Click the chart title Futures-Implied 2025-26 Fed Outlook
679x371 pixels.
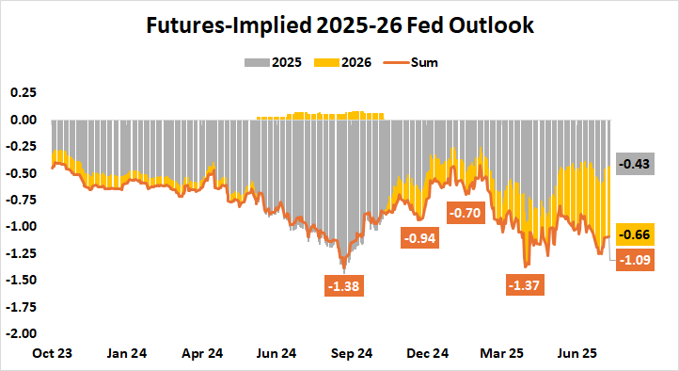point(339,25)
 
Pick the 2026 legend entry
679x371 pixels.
point(346,63)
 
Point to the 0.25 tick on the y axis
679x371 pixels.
point(22,93)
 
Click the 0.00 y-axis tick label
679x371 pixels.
point(22,120)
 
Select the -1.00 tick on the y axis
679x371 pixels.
point(20,226)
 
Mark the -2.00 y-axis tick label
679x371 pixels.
point(20,332)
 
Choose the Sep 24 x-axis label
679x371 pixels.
point(352,354)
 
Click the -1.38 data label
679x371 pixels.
point(344,285)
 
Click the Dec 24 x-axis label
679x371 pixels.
point(428,354)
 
